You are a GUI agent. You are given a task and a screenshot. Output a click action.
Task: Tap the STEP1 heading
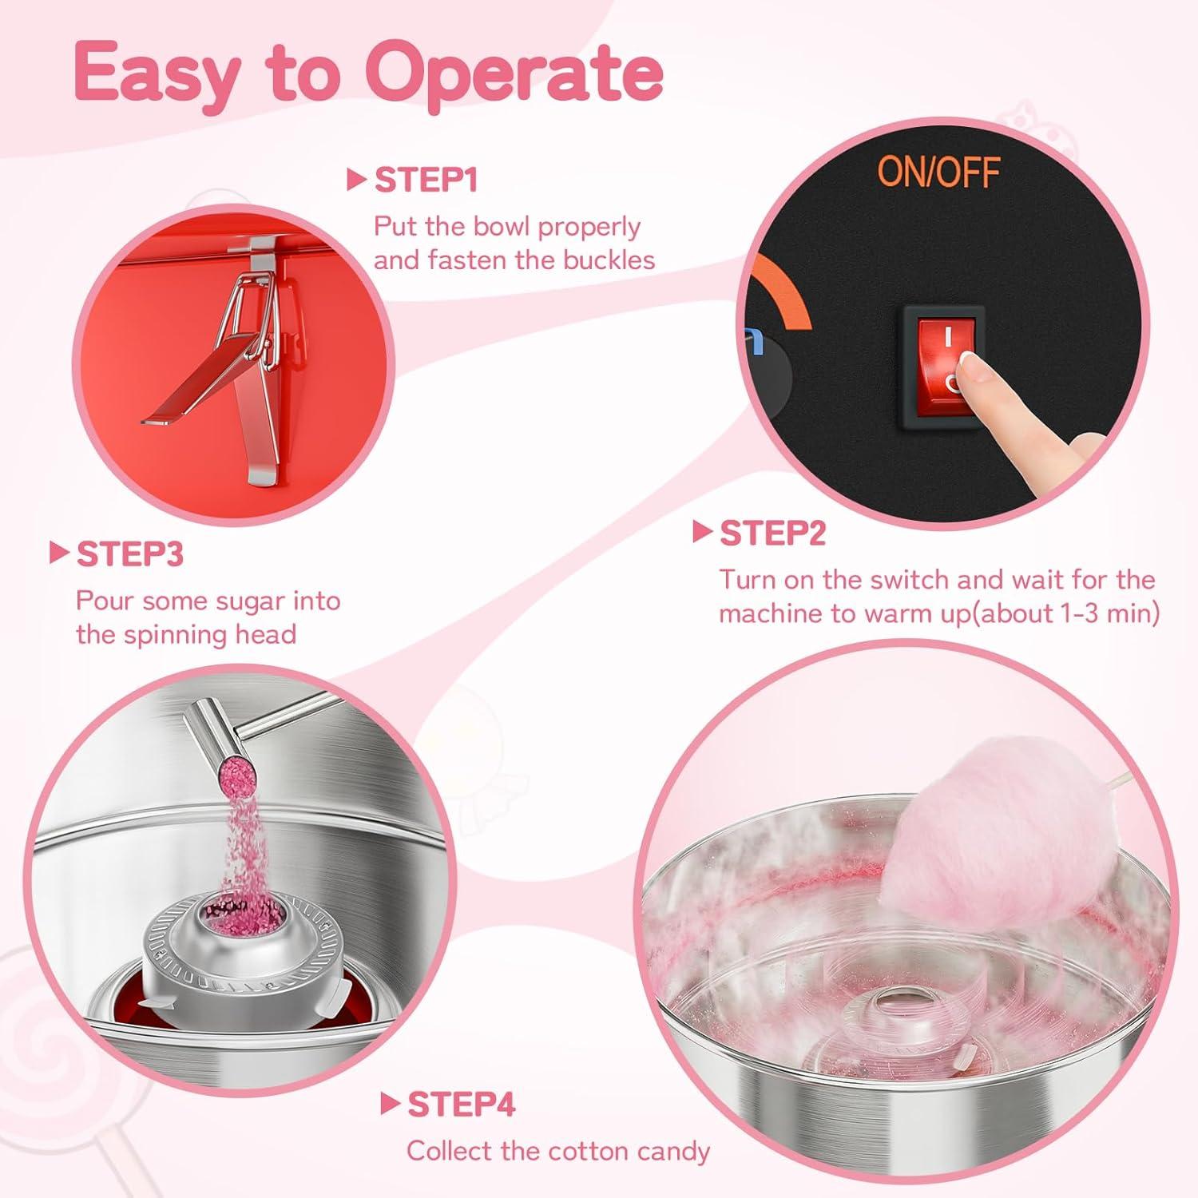click(x=426, y=180)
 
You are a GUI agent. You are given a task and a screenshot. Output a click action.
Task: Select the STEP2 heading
click(x=772, y=534)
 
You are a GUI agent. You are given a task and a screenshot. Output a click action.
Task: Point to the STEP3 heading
click(x=130, y=554)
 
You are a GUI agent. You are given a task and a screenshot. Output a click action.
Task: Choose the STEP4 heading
click(x=462, y=1105)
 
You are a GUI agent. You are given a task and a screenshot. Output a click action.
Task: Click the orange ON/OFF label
click(x=938, y=171)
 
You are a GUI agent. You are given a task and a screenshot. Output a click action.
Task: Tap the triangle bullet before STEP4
click(x=390, y=1105)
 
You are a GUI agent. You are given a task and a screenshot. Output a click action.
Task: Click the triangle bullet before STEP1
click(x=356, y=180)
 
